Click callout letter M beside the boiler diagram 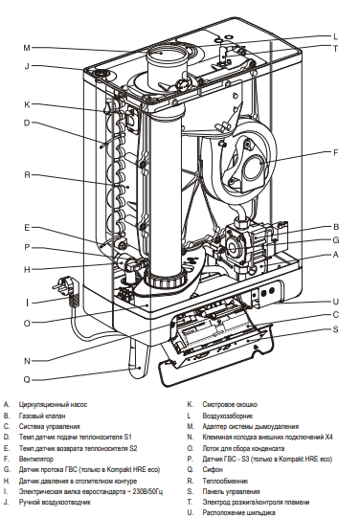(27, 47)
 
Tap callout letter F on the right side (335, 152)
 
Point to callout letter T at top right (335, 48)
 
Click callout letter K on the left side (27, 103)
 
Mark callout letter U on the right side (335, 301)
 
